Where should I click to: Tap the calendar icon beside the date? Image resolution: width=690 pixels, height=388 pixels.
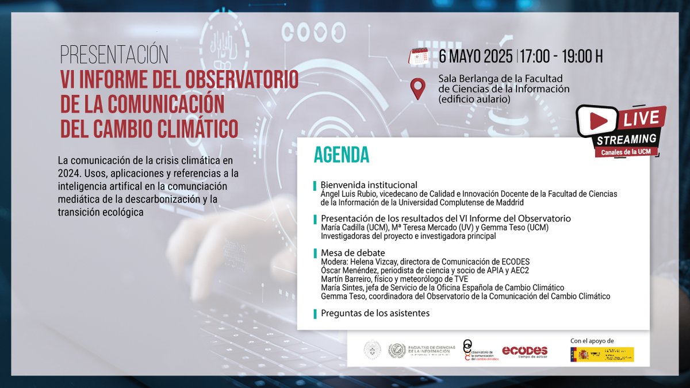point(419,56)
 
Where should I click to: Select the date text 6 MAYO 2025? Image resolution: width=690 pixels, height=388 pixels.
point(476,57)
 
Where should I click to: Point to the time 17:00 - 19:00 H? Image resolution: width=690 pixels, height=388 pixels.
point(561,57)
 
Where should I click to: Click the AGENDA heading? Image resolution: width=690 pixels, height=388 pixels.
point(341,155)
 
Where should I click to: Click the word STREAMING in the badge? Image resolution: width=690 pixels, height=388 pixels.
point(626,139)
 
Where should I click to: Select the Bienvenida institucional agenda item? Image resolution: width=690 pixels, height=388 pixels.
point(369,185)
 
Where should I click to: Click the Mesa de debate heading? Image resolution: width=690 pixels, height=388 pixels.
point(352,253)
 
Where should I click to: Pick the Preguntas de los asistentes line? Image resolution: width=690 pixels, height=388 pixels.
point(375,313)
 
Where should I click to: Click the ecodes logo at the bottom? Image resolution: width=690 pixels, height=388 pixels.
point(524,351)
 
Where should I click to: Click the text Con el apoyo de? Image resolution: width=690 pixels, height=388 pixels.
point(592,341)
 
